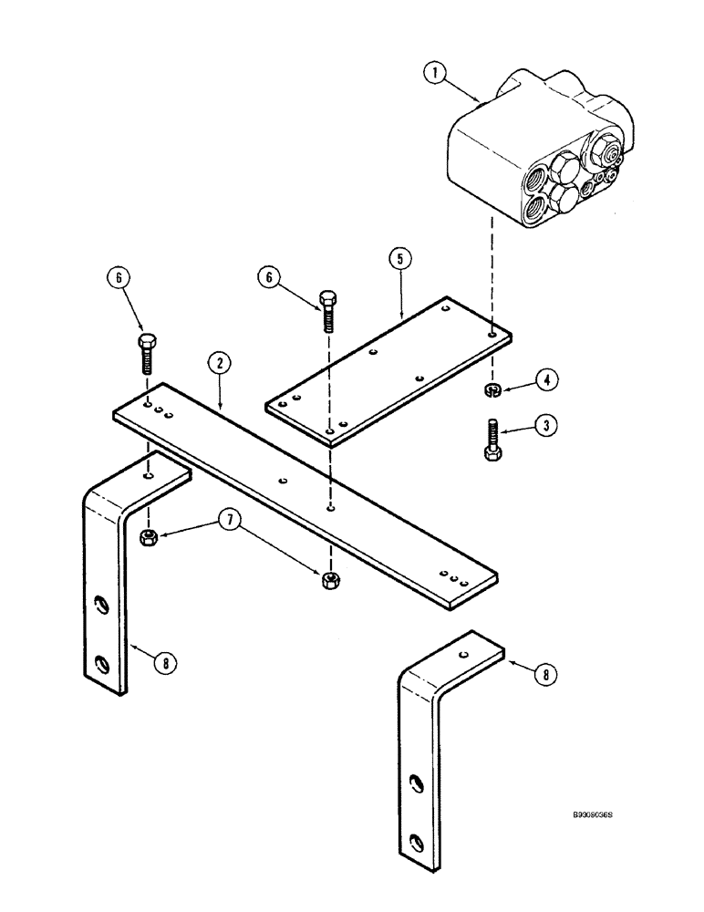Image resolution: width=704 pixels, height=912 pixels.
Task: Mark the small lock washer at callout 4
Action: (493, 391)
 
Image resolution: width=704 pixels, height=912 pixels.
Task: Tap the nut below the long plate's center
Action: (332, 579)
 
